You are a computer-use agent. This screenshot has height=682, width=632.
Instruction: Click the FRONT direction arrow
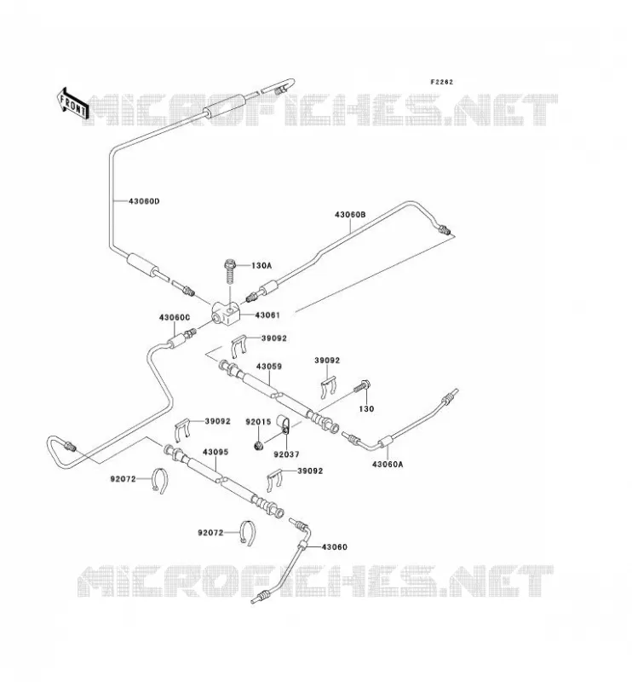tap(72, 103)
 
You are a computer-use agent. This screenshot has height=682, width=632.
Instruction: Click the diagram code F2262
tap(441, 82)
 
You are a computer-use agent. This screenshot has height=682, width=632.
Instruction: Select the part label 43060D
tap(144, 201)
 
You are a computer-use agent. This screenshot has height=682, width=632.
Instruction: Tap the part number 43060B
tap(350, 215)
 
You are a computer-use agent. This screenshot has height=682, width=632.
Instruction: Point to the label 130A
tap(261, 265)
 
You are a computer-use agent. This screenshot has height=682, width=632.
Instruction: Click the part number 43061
tap(267, 315)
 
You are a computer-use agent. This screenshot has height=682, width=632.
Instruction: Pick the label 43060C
tap(175, 317)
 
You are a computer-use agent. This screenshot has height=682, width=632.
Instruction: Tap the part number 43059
tap(268, 367)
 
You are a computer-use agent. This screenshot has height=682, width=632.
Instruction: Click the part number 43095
tap(215, 453)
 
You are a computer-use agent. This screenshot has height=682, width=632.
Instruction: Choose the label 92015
tap(258, 421)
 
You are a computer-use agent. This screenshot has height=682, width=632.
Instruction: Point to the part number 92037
tap(286, 454)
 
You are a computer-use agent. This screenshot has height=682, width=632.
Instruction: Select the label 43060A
tap(388, 464)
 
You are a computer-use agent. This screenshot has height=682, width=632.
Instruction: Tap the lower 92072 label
tap(210, 533)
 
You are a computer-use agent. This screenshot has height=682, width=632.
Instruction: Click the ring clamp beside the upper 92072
tap(160, 481)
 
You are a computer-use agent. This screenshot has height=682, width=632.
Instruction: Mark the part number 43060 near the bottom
tap(334, 546)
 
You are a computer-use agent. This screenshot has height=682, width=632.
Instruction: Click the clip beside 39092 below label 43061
tap(239, 347)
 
